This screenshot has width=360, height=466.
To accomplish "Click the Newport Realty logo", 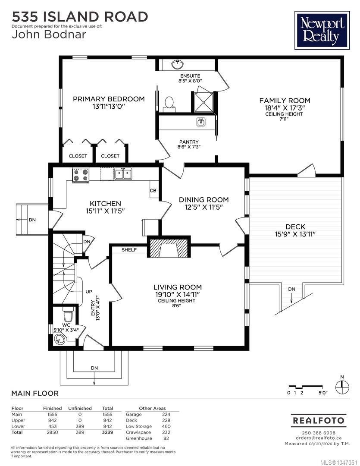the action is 322,30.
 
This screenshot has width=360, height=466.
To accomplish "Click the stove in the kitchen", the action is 81,175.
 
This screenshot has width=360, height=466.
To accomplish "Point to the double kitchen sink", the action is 123,174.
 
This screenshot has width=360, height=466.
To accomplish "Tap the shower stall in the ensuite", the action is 204,102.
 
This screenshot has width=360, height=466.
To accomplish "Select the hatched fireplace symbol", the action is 169,248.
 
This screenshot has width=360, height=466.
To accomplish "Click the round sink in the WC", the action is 59,339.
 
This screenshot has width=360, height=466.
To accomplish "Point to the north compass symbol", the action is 342,387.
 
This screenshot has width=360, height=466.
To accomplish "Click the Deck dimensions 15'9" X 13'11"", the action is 295,234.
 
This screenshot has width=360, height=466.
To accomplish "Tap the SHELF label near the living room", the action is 129,250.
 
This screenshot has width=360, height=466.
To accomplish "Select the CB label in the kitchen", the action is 153,191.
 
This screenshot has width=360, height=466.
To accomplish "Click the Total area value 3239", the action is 107,432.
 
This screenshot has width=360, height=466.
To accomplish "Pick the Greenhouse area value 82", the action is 166,438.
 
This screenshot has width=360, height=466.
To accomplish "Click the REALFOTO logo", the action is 319,420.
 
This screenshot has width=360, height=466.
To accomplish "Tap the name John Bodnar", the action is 49,35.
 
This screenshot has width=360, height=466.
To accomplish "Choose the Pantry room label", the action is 189,142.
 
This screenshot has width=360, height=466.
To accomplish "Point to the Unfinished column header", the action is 80,408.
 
